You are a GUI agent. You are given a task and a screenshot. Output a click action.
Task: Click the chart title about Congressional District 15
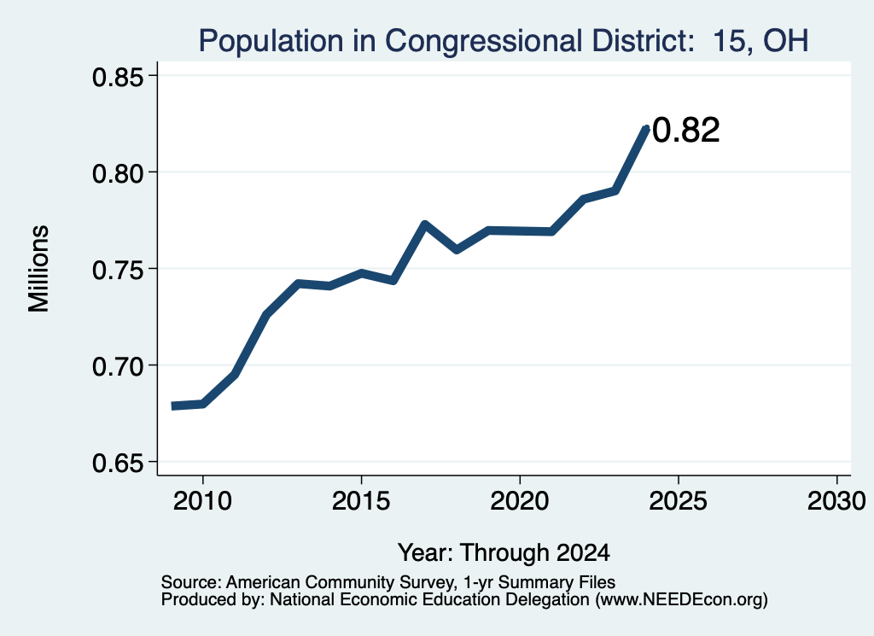click(x=504, y=41)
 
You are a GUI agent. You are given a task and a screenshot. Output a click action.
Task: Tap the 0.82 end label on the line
click(x=685, y=131)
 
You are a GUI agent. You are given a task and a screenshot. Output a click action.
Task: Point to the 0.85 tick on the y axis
click(x=118, y=77)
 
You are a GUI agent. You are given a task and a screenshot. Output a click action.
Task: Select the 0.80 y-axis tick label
click(x=118, y=173)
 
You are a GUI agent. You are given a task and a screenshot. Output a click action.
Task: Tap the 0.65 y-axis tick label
click(x=118, y=464)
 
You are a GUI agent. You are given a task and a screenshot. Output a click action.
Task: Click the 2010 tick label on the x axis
click(x=202, y=501)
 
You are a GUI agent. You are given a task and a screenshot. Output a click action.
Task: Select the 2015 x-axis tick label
click(x=361, y=501)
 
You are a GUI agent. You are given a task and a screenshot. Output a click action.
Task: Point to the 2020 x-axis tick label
click(x=520, y=501)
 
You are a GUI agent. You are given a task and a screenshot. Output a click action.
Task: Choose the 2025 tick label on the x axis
click(x=679, y=501)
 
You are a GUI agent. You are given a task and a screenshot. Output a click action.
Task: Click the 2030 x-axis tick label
click(x=836, y=501)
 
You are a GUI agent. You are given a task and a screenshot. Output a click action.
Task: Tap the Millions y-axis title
click(x=39, y=269)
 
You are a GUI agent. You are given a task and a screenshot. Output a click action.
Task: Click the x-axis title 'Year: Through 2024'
click(x=504, y=552)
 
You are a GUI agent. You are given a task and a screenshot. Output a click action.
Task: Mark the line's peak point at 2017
click(x=425, y=225)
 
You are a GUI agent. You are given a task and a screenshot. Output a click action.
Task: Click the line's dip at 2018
click(x=457, y=249)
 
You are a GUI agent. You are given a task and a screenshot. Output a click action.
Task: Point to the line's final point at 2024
click(x=647, y=129)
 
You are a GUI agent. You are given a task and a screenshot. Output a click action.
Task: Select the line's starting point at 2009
click(x=172, y=406)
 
